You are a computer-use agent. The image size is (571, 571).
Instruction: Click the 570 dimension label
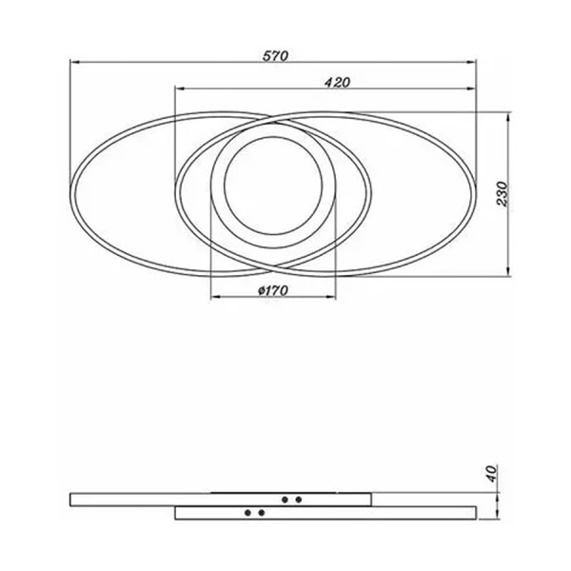275,56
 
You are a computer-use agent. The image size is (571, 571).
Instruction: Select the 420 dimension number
337,82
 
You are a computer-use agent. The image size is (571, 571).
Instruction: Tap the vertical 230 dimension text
502,193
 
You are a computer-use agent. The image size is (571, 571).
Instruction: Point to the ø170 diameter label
273,290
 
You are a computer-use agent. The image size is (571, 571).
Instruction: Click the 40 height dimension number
492,473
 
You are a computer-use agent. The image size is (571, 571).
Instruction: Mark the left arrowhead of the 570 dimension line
74,63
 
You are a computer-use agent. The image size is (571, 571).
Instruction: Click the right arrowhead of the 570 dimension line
472,63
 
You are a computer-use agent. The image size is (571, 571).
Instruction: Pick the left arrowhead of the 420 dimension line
180,89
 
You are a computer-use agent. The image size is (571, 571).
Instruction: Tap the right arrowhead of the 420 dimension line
471,89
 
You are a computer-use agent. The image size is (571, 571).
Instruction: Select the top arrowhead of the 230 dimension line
508,117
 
